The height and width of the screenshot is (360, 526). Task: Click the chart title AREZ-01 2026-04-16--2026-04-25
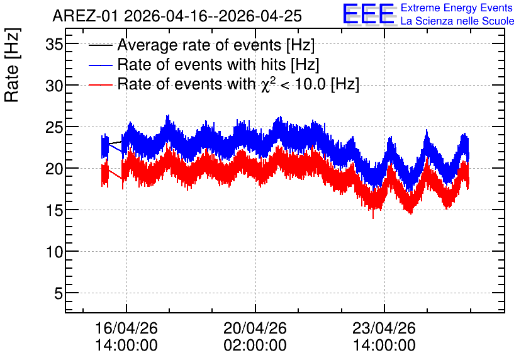pos(177,16)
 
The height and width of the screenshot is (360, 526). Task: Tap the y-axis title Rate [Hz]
pos(12,65)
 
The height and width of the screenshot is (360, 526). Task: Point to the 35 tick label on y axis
pos(54,44)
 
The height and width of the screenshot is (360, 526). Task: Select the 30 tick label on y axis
pos(54,86)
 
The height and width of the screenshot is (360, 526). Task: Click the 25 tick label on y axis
pos(54,128)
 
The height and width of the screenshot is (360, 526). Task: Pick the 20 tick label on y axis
pos(54,169)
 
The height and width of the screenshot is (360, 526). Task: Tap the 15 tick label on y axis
pos(54,211)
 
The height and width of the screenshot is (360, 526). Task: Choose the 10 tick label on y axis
pos(54,252)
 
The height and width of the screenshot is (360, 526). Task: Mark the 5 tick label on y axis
pos(59,293)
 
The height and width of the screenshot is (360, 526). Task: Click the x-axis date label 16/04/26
pos(126,328)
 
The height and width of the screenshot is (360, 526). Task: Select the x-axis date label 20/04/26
pos(255,328)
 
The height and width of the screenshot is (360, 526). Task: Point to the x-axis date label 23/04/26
pos(384,328)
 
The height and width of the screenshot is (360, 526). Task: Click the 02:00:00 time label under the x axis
pos(255,346)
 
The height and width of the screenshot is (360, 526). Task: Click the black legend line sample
pos(100,45)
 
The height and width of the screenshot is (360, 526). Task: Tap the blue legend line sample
pos(100,65)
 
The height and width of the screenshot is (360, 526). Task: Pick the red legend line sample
pos(100,85)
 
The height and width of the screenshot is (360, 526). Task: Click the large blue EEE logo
pos(369,14)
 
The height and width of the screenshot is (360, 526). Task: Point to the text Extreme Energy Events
pos(457,8)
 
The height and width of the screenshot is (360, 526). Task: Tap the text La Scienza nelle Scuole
pos(457,21)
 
